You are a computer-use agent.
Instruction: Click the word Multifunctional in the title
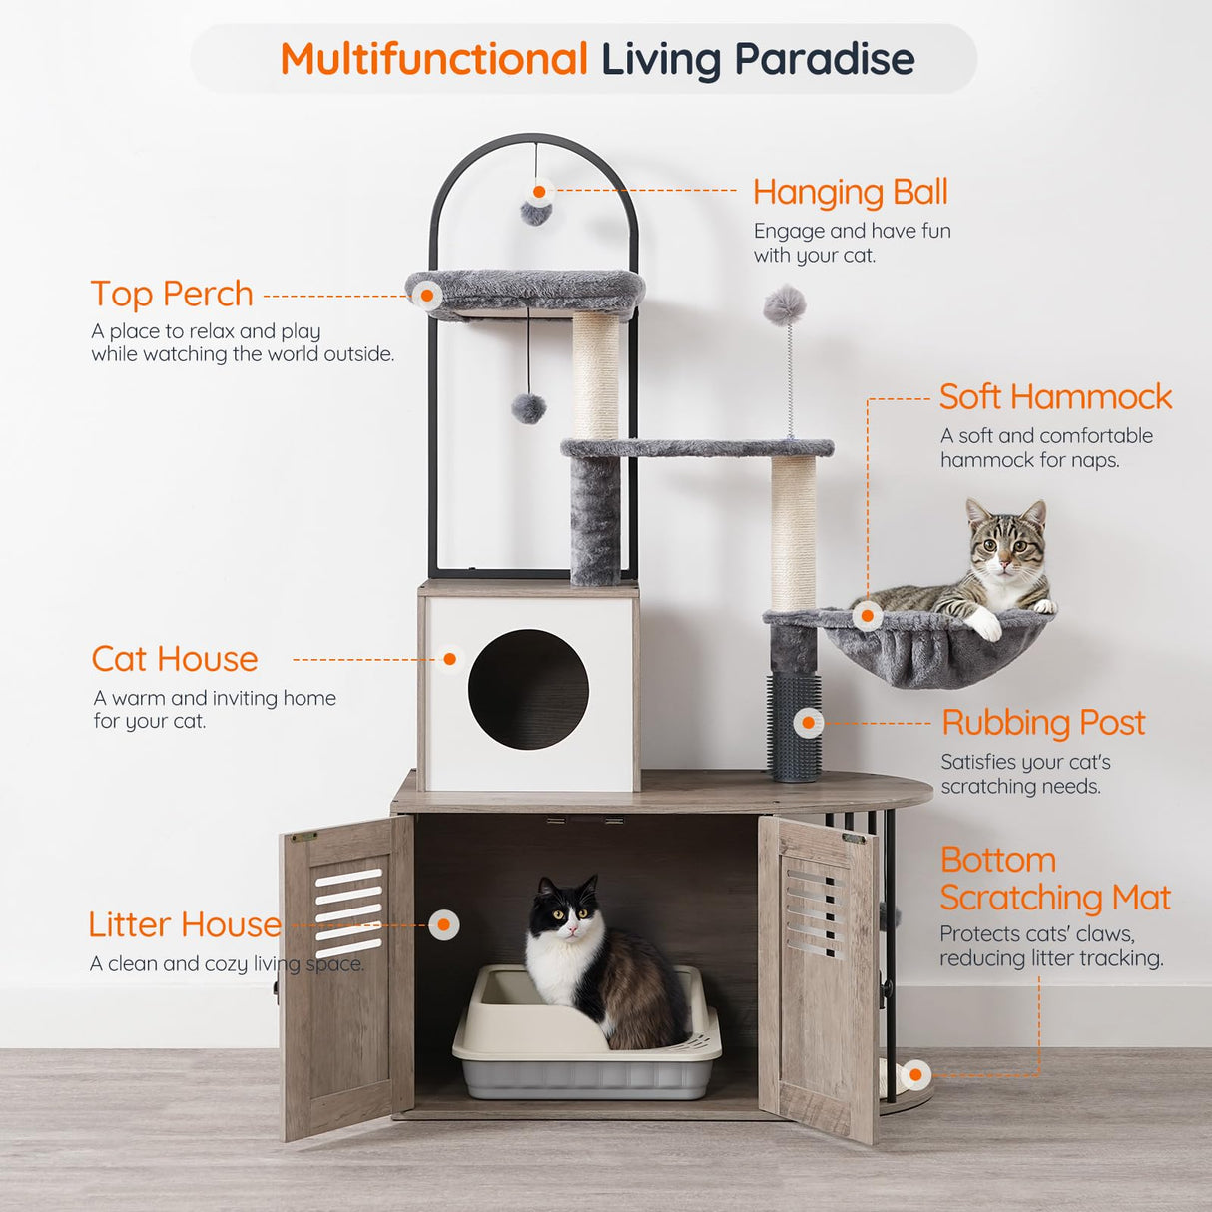433,60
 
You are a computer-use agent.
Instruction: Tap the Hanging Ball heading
850,192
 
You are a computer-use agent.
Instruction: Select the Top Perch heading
172,295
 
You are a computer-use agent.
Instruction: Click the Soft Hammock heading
1055,397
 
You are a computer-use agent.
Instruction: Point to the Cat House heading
175,659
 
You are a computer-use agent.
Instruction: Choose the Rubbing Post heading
1043,723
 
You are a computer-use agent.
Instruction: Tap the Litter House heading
185,924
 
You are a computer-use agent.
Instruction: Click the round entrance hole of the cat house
528,689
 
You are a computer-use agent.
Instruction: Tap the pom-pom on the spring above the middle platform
785,305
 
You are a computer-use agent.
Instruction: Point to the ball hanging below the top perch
528,407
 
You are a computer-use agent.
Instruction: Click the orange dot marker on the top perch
427,296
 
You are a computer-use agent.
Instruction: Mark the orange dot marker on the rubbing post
808,722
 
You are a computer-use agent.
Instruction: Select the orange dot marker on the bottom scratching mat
915,1075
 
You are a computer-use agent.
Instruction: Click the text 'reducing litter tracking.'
1051,959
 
